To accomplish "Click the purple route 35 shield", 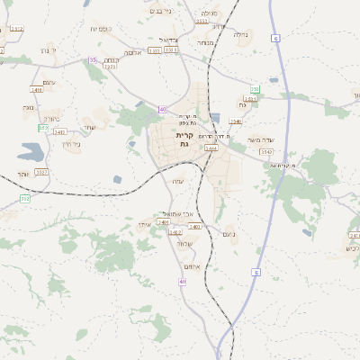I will point(93,60).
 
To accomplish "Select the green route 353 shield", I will point(256,90).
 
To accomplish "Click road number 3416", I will point(37,90).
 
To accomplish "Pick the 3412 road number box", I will point(60,132).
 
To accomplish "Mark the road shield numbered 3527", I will point(41,172).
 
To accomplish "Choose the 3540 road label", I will point(236,121).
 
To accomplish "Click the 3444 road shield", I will point(211,148).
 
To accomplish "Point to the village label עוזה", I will point(178,182).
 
